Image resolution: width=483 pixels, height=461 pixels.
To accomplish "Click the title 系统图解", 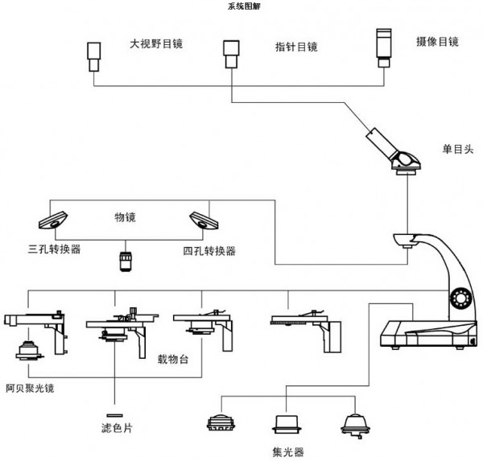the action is point(244,6).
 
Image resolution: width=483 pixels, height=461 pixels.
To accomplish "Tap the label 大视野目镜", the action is point(156,43).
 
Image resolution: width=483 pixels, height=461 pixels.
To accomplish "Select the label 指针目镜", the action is point(296,47).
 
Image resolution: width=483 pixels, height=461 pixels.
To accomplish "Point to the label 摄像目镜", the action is point(437,42).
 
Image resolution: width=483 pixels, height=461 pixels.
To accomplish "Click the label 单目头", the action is point(458,149).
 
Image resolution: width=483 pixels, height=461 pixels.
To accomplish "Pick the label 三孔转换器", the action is point(54,249).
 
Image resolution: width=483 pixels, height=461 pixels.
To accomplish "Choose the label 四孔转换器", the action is point(209,251).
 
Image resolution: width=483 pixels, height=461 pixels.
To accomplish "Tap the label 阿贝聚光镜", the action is point(30,389).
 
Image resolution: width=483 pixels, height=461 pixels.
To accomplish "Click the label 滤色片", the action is point(117,428).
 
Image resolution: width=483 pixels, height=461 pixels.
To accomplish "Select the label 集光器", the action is point(288,452).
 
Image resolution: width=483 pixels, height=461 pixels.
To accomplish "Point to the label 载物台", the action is point(173,359).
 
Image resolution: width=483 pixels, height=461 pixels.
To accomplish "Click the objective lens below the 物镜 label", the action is point(126,261).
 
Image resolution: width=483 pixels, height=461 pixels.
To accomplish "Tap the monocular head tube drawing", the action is point(393,151).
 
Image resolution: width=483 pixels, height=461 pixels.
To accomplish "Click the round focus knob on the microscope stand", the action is point(460,298).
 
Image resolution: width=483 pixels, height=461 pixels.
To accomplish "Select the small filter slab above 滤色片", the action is point(114,415).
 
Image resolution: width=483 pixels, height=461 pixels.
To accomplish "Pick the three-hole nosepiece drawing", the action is point(53,220).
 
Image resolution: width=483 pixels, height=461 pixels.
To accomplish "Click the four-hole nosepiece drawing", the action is point(204,220).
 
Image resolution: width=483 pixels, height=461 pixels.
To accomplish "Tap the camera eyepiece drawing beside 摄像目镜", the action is point(384,47).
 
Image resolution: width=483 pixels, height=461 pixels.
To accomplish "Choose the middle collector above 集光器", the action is point(287,424).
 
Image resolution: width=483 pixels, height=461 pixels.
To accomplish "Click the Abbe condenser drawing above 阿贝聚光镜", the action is point(29,350).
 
